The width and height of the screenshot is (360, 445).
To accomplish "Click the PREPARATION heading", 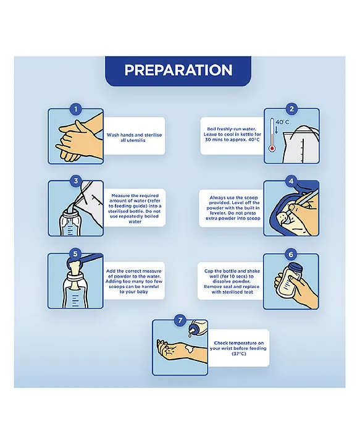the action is (178, 70).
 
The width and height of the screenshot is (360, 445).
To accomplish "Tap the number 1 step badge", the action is (76, 109).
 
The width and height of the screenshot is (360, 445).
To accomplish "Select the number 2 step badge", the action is (291, 109).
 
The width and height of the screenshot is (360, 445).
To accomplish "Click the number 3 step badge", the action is (76, 180).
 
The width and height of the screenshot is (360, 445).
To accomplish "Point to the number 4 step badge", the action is (291, 180).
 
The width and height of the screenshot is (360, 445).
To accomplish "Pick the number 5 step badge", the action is (75, 253).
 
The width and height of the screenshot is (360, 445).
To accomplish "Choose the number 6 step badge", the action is (291, 254).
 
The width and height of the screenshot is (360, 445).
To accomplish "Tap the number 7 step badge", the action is (180, 320).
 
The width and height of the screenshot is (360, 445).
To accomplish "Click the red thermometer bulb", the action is (272, 148).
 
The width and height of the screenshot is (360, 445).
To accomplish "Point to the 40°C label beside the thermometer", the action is (282, 122).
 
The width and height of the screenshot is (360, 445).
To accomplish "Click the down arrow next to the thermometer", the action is (277, 130).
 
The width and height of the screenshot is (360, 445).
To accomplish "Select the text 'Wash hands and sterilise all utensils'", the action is (134, 138).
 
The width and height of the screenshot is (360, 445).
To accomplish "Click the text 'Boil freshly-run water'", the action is (232, 129).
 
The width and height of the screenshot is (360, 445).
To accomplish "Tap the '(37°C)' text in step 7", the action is (239, 354).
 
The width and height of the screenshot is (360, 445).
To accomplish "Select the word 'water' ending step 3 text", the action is (135, 222).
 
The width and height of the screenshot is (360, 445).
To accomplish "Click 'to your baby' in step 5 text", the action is (134, 292).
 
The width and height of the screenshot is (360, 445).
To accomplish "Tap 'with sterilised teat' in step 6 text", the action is (232, 292).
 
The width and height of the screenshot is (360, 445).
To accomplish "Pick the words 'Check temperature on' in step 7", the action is (239, 343).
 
